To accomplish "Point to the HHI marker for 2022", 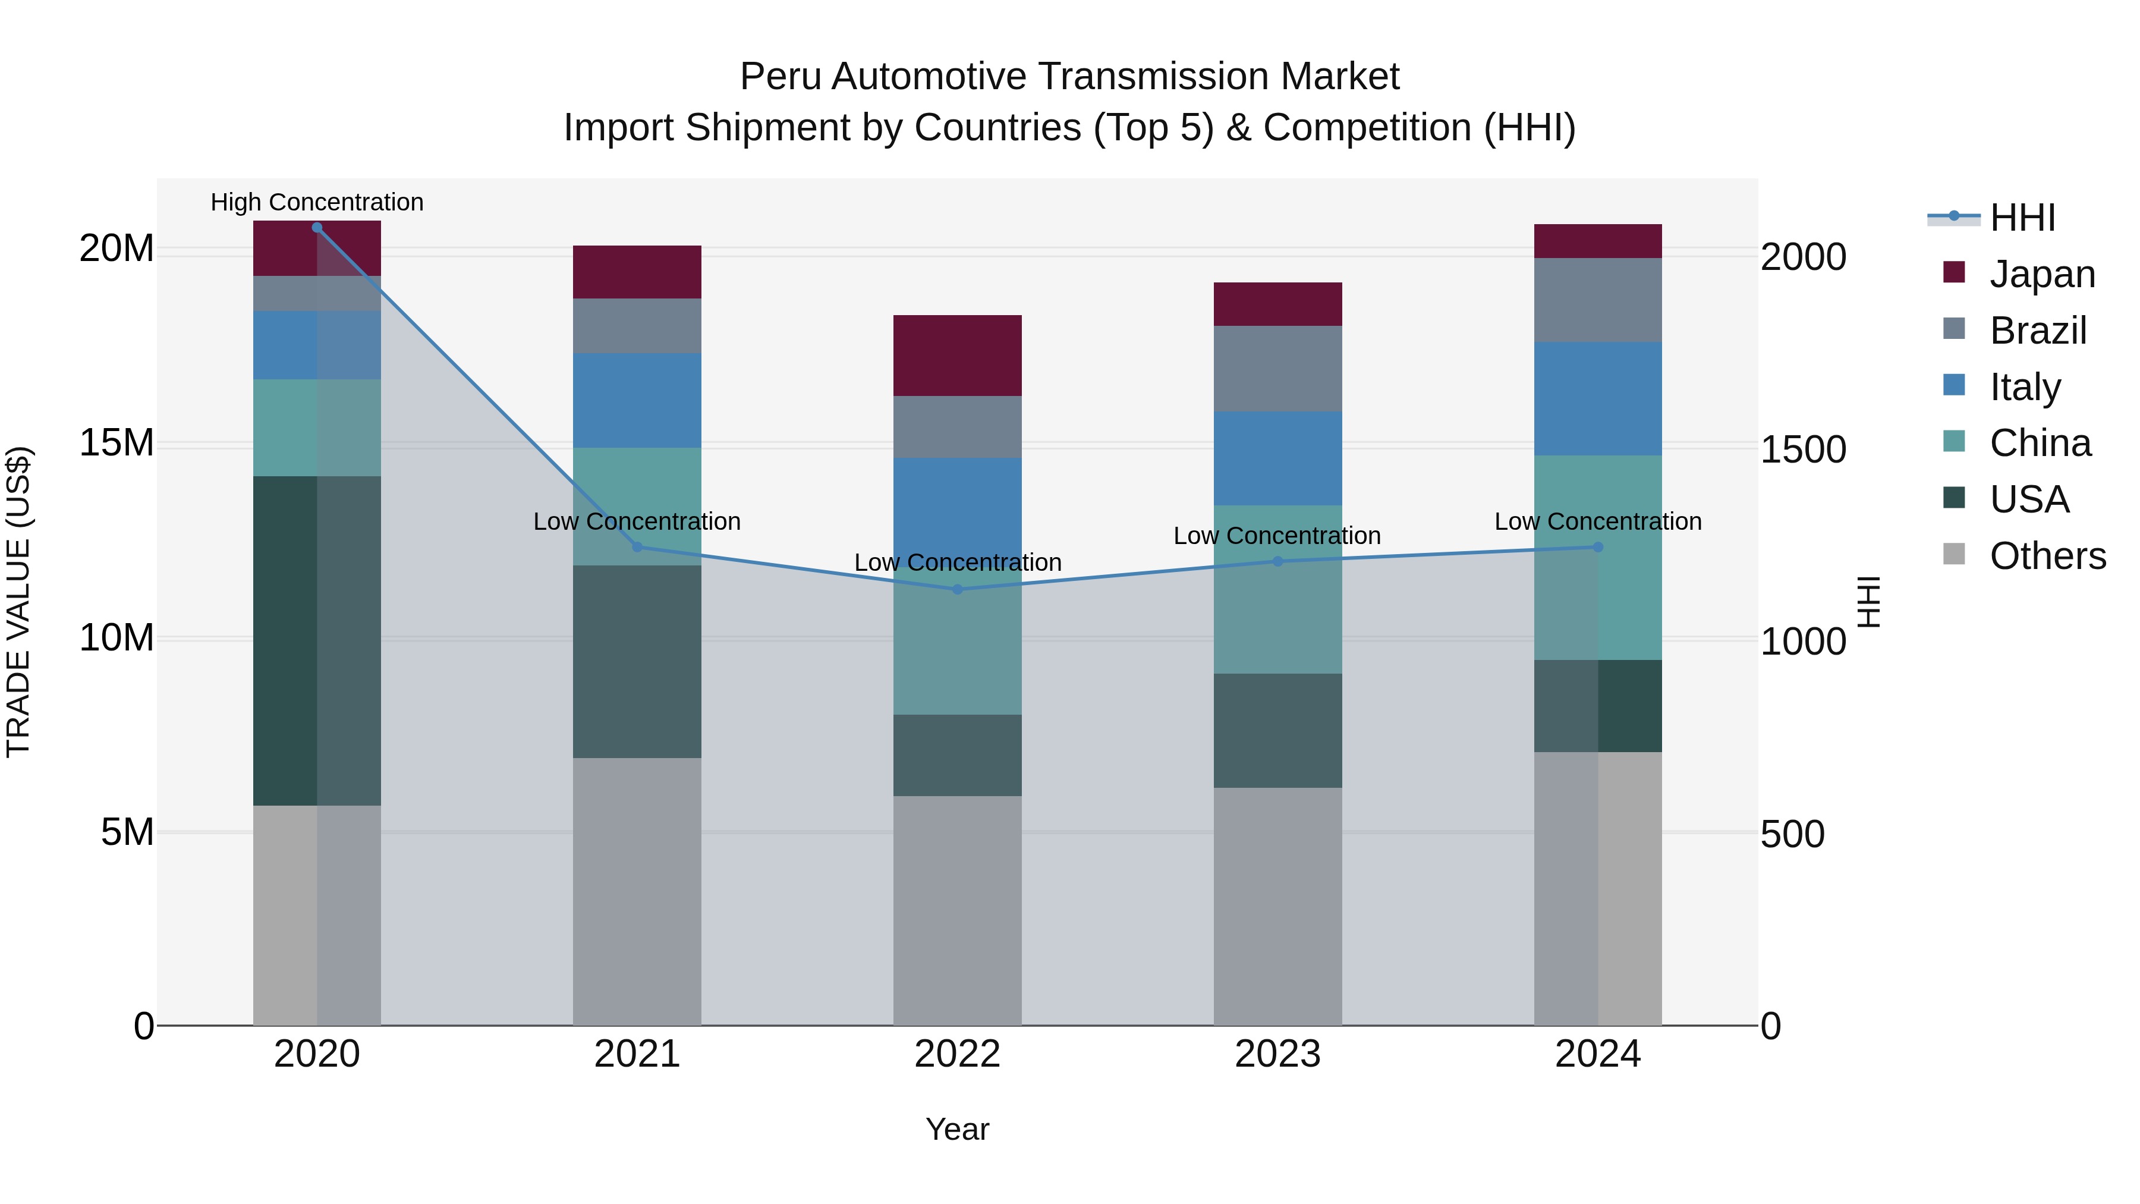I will coord(957,589).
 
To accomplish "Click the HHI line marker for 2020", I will coord(316,228).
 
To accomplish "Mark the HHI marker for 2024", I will coord(1597,547).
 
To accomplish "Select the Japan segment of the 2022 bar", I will coord(957,356).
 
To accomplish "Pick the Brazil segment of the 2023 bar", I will coord(1277,368).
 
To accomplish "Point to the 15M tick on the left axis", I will coord(117,443).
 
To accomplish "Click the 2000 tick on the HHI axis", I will coord(1804,257).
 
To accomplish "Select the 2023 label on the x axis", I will coord(1277,1054).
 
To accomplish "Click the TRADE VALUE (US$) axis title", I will coord(18,602).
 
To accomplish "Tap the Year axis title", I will coord(957,1129).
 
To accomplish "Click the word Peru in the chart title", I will coord(779,77).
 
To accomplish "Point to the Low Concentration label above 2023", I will coord(1277,536).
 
